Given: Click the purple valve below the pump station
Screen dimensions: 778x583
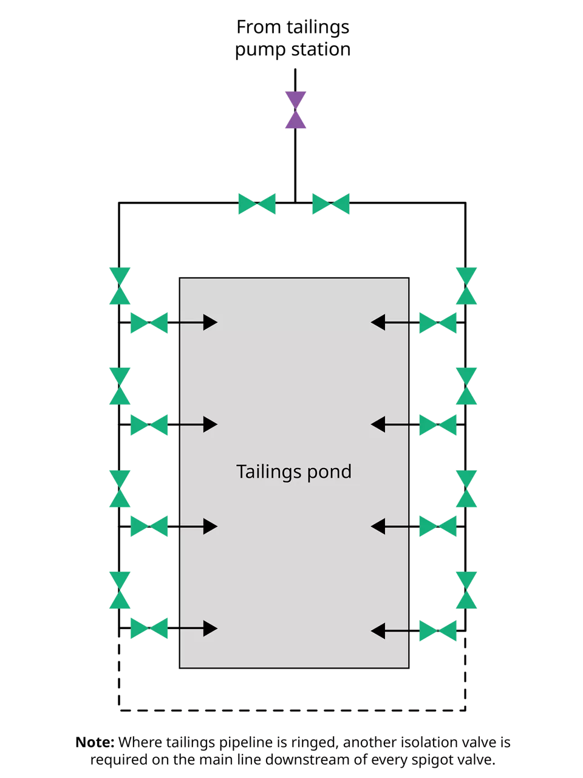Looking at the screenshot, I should click(296, 110).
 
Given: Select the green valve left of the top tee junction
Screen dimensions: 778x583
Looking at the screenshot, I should click(257, 204).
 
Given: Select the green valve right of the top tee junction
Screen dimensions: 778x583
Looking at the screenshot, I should click(331, 204).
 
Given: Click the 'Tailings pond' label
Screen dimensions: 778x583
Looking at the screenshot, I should click(293, 472).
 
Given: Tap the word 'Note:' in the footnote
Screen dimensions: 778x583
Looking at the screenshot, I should click(95, 742).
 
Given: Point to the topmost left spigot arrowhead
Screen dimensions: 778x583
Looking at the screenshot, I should click(210, 322).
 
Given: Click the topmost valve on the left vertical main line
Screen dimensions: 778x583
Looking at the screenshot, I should click(120, 286).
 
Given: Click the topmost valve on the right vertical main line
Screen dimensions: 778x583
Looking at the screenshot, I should click(466, 286).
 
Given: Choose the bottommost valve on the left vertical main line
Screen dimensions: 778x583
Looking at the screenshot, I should click(120, 590).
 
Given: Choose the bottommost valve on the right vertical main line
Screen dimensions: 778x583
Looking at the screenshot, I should click(466, 590).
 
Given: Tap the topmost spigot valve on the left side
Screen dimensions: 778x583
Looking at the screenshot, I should click(149, 323).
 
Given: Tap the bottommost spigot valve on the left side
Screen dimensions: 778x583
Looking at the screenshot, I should click(149, 628).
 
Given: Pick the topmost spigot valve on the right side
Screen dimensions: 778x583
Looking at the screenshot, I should click(437, 323).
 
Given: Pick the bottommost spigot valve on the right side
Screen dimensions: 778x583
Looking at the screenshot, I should click(437, 631).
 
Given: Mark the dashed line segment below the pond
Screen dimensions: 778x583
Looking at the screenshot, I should click(292, 710).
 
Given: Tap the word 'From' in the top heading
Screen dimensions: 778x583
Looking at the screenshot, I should click(259, 27).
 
